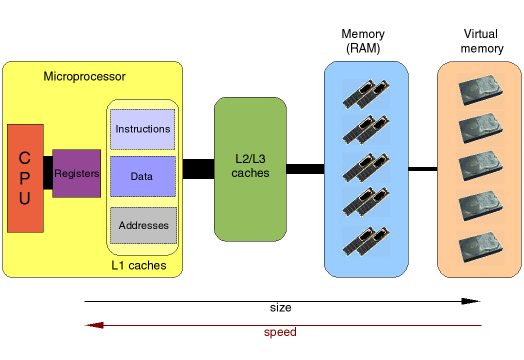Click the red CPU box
(25, 178)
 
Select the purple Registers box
(76, 173)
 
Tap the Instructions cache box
(143, 129)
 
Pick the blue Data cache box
(143, 176)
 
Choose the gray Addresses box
(143, 226)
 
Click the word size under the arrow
(281, 307)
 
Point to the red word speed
(280, 332)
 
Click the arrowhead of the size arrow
(472, 300)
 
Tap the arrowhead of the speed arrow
(92, 325)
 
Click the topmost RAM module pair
(364, 92)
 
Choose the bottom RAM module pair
(364, 239)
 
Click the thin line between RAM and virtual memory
(423, 169)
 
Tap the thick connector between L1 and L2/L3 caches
(198, 169)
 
